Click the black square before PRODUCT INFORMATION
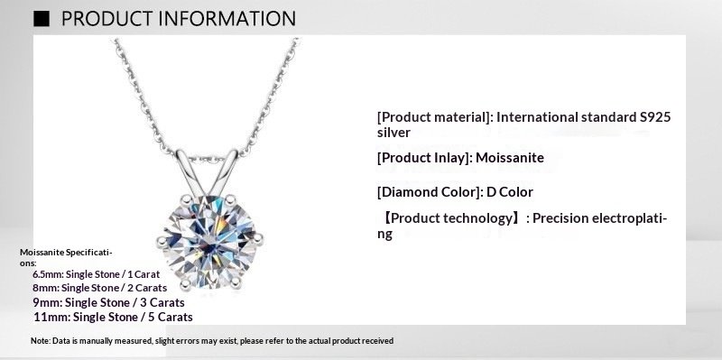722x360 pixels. tap(42, 18)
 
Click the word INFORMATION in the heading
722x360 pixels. tap(220, 18)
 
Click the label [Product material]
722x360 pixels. tap(435, 117)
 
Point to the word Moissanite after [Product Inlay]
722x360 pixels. tap(511, 158)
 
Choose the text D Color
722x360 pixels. tap(510, 192)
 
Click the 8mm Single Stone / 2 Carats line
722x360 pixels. tap(99, 287)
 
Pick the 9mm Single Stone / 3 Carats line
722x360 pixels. tap(103, 301)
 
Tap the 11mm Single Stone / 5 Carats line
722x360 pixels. tap(113, 317)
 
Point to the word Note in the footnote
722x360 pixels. tap(40, 341)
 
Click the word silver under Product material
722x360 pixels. tap(394, 133)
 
